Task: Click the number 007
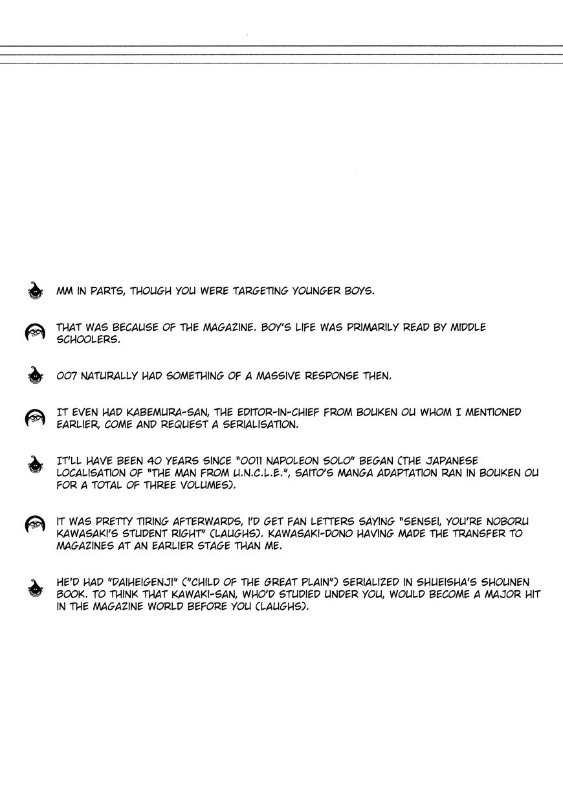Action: coord(67,376)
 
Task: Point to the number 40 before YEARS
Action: coord(148,461)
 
